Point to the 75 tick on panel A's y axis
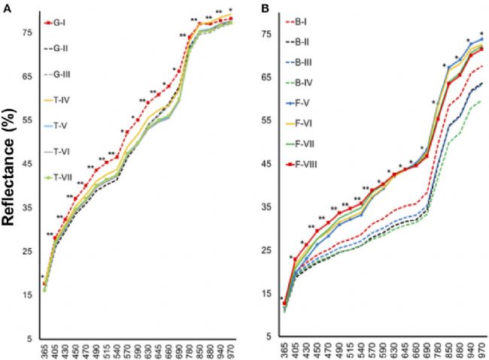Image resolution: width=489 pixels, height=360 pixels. pyautogui.click(x=28, y=33)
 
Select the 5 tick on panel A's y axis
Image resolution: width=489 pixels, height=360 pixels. pyautogui.click(x=31, y=338)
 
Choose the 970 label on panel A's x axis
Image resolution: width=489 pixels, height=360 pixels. pyautogui.click(x=231, y=350)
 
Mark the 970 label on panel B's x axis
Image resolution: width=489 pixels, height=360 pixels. pyautogui.click(x=481, y=350)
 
